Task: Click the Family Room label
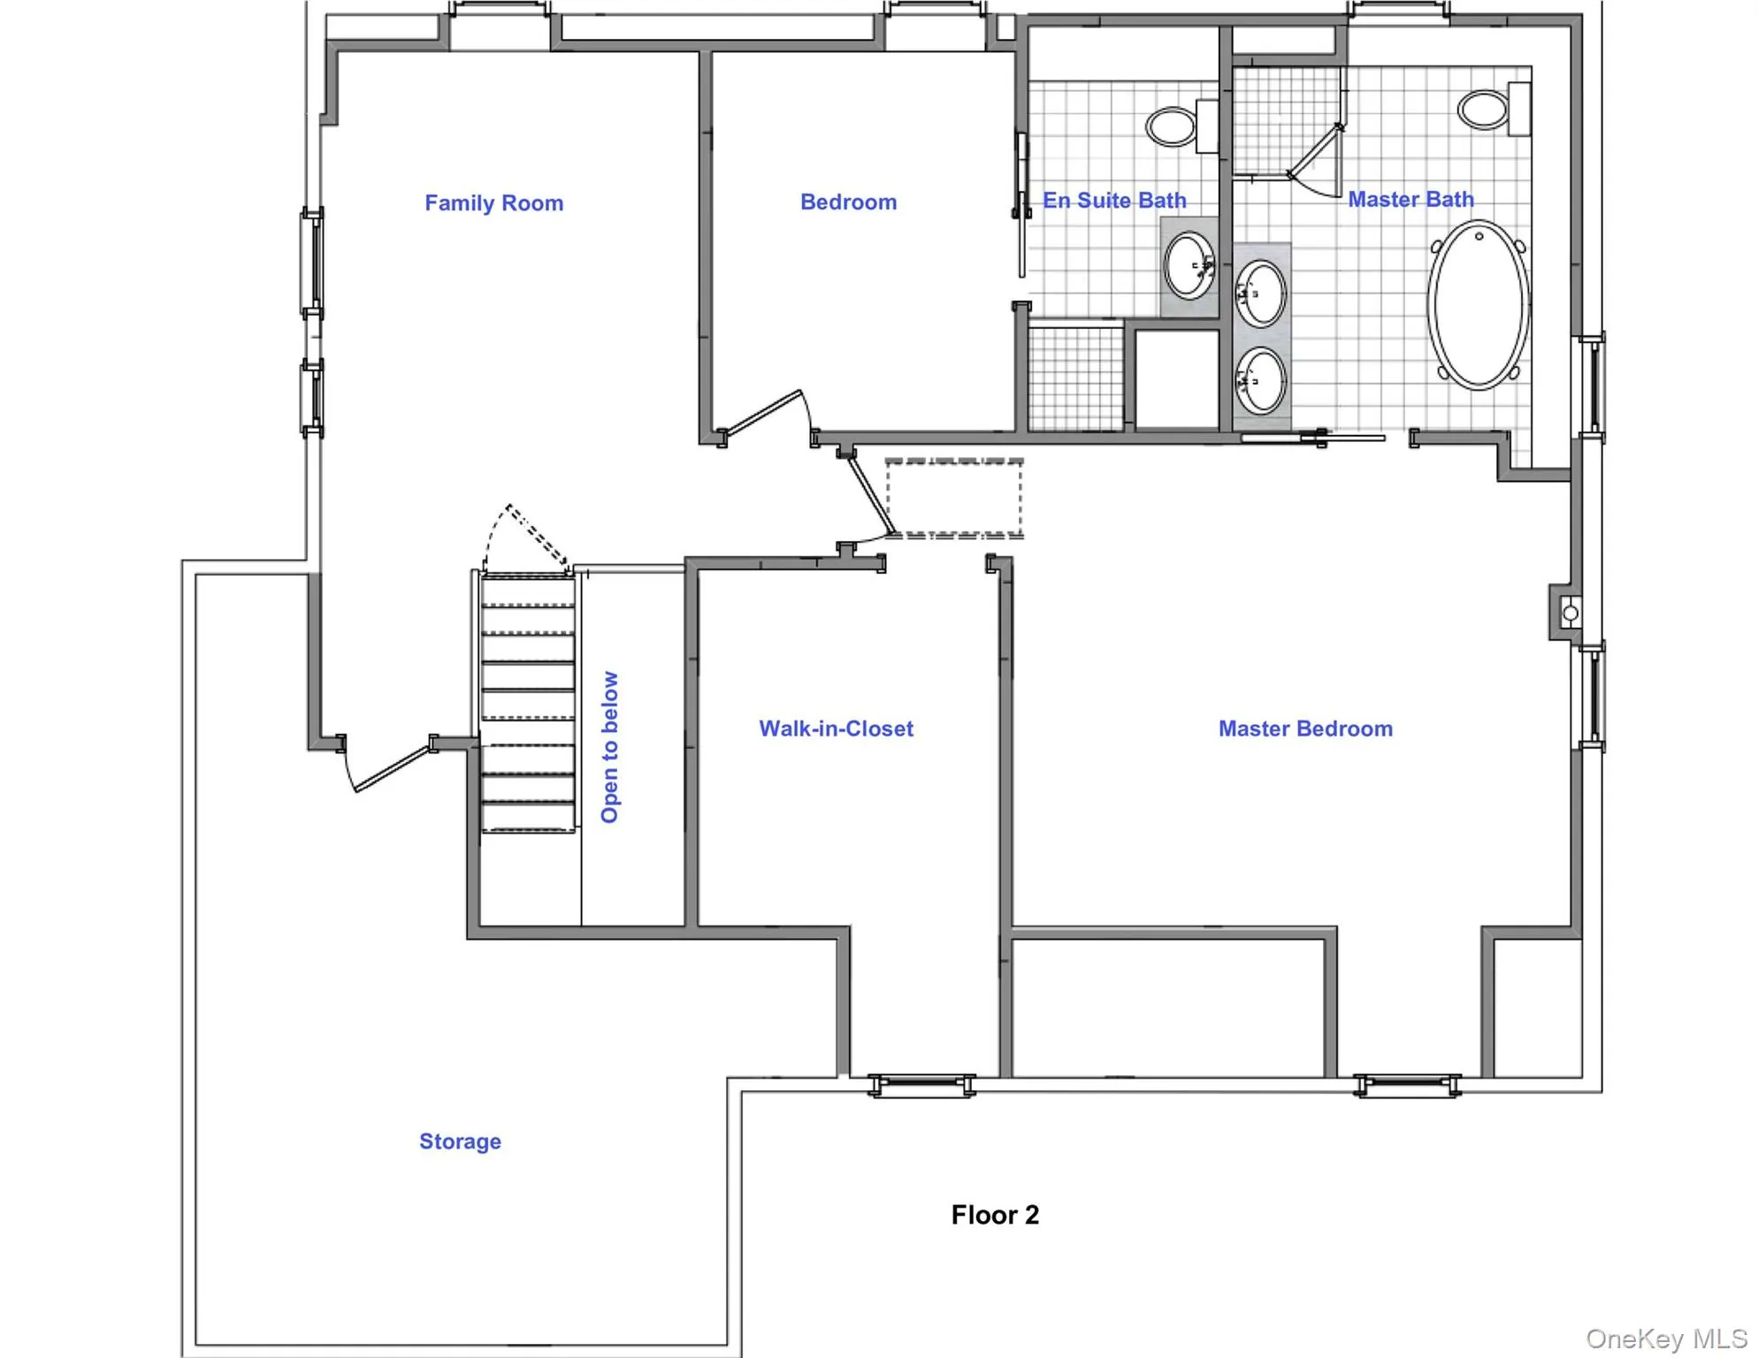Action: point(493,203)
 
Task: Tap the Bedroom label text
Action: point(847,202)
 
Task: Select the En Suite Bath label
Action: point(1113,201)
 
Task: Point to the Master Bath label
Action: point(1410,200)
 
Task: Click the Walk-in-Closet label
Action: point(835,729)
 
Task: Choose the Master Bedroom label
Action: point(1304,729)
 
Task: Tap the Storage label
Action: point(460,1141)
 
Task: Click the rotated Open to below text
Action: point(609,747)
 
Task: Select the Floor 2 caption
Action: point(994,1215)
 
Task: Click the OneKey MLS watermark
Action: point(1665,1339)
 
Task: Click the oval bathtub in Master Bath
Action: point(1477,305)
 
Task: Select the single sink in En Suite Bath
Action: point(1188,265)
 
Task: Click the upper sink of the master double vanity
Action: point(1259,293)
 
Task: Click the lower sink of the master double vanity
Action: point(1259,381)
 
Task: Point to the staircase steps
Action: point(528,703)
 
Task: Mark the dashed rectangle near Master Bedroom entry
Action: point(953,498)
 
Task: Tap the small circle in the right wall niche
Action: point(1570,613)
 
